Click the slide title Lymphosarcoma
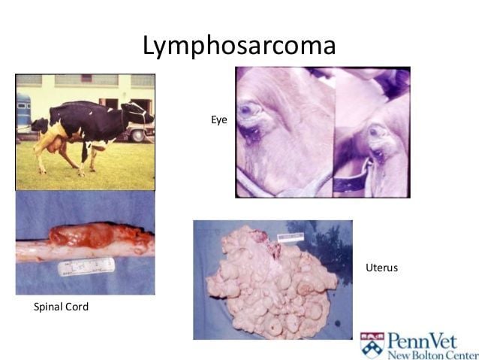pos(239,46)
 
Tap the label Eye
pos(218,119)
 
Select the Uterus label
pos(381,268)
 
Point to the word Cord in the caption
pos(77,307)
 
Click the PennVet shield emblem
pos(372,344)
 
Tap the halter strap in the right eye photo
pos(353,179)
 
